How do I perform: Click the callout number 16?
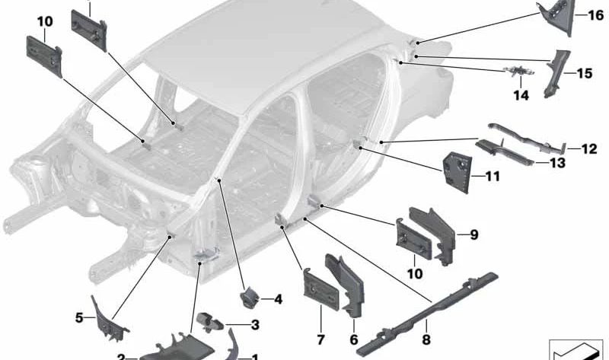596,15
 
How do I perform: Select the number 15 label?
585,73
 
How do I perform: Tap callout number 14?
521,95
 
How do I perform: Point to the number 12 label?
589,148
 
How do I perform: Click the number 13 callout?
558,163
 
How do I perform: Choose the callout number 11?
493,177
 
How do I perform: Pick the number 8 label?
426,339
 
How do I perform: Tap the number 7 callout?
320,339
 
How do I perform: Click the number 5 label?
79,318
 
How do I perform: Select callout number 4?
278,299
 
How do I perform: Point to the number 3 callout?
255,325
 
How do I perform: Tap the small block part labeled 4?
248,298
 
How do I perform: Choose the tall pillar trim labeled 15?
556,74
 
